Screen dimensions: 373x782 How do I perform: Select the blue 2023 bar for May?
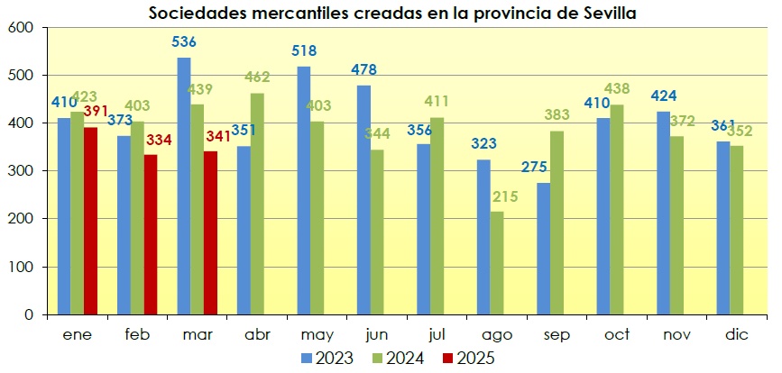point(304,190)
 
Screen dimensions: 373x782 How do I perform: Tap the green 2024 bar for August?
point(497,262)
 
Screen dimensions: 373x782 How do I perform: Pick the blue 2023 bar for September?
point(544,249)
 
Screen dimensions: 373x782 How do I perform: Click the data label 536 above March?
point(184,41)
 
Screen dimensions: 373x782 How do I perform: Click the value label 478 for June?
point(363,69)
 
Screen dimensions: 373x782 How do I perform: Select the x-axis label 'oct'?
point(617,334)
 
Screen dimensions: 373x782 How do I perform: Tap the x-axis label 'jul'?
point(437,334)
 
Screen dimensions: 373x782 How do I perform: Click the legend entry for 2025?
point(467,358)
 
